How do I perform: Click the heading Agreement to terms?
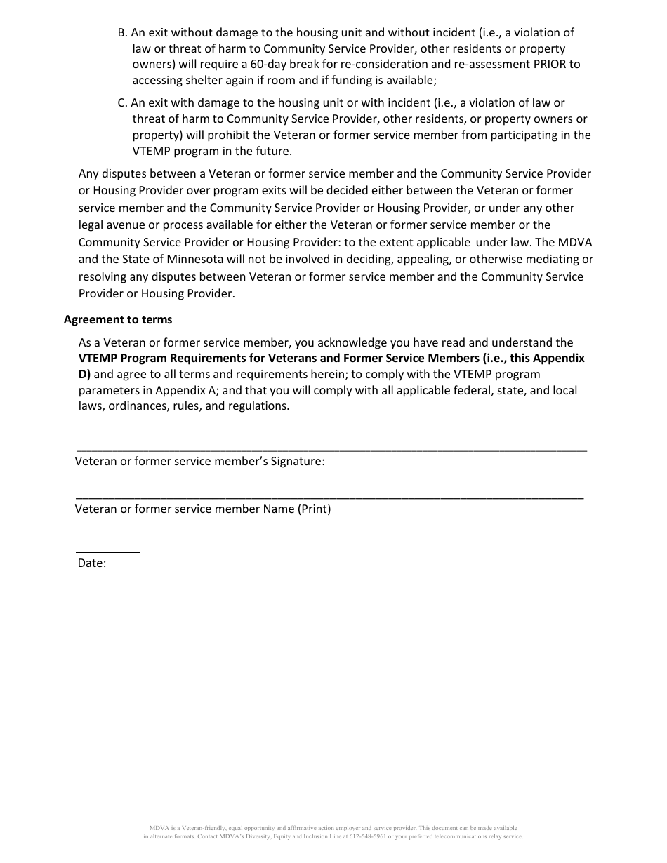pyautogui.click(x=118, y=319)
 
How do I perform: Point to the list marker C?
pyautogui.click(x=122, y=102)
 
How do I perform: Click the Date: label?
pyautogui.click(x=92, y=563)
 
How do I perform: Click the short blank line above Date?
pyautogui.click(x=107, y=552)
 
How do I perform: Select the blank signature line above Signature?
pyautogui.click(x=331, y=450)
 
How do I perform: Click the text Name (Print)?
pyautogui.click(x=297, y=509)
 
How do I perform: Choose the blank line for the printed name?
pyautogui.click(x=329, y=497)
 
